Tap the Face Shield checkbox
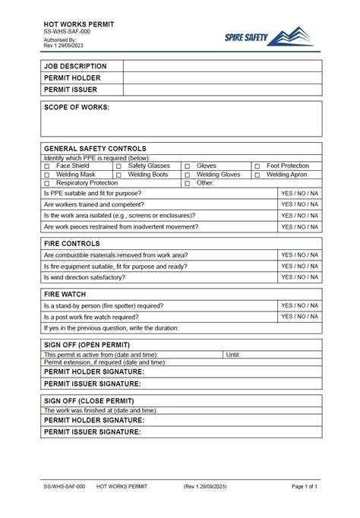46,166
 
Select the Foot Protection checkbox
258,166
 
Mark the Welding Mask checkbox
46,175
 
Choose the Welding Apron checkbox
258,175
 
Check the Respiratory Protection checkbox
46,184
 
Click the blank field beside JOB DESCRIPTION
223,66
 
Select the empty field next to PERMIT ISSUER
223,89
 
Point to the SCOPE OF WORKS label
77,107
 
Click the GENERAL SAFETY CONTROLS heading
95,148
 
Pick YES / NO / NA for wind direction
299,277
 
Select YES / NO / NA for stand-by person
299,305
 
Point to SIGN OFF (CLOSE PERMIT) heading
89,400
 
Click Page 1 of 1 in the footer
304,485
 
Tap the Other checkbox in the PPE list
187,184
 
